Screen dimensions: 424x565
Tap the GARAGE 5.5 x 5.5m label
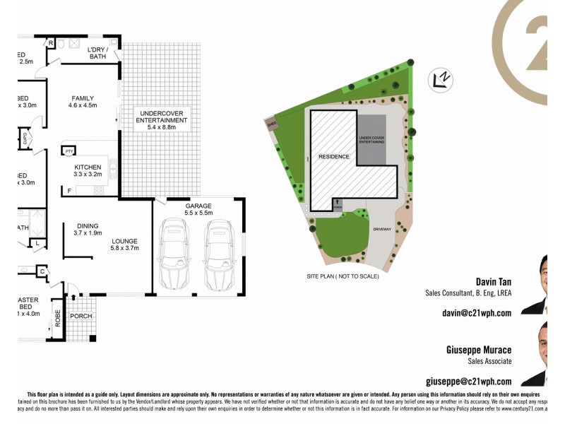click(198, 208)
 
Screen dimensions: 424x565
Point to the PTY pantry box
click(69, 151)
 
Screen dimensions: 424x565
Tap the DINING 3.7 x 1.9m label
click(88, 229)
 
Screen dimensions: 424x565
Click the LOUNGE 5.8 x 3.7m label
click(125, 245)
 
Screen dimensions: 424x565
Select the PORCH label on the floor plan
click(81, 315)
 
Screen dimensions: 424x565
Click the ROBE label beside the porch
click(58, 317)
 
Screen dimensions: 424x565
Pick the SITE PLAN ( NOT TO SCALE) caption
click(343, 276)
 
